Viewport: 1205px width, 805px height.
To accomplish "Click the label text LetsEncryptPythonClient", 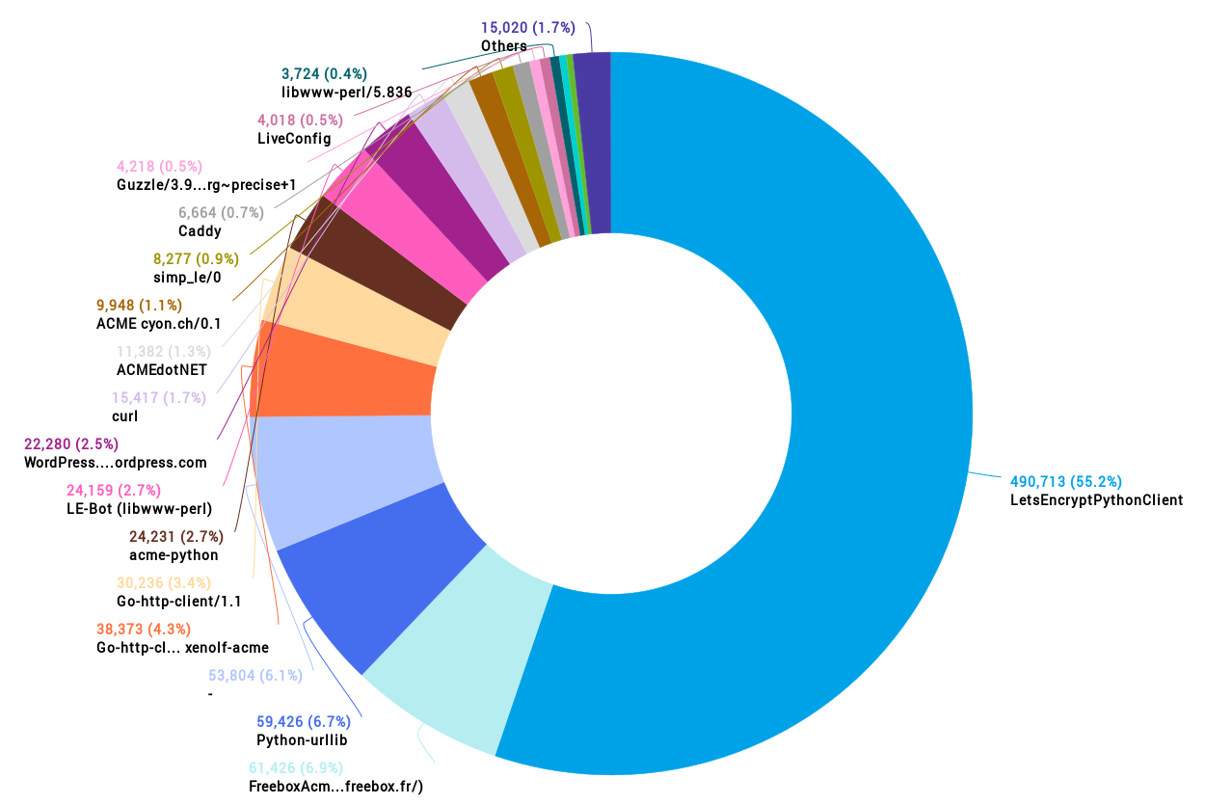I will [1096, 500].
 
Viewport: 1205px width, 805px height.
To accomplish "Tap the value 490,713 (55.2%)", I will [1065, 481].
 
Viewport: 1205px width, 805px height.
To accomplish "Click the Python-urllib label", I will [302, 740].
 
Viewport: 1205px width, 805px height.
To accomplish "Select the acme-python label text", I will [174, 555].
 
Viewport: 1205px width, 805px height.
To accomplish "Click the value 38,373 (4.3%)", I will [144, 629].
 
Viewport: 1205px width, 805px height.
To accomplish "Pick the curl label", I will [124, 416].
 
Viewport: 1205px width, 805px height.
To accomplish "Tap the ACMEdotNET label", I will [161, 370].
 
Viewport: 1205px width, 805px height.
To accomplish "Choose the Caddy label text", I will [200, 231].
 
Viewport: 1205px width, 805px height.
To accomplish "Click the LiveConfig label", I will [294, 139].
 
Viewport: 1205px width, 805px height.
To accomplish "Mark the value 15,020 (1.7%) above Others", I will [528, 27].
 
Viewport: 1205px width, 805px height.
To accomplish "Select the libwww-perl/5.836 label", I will [346, 93].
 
